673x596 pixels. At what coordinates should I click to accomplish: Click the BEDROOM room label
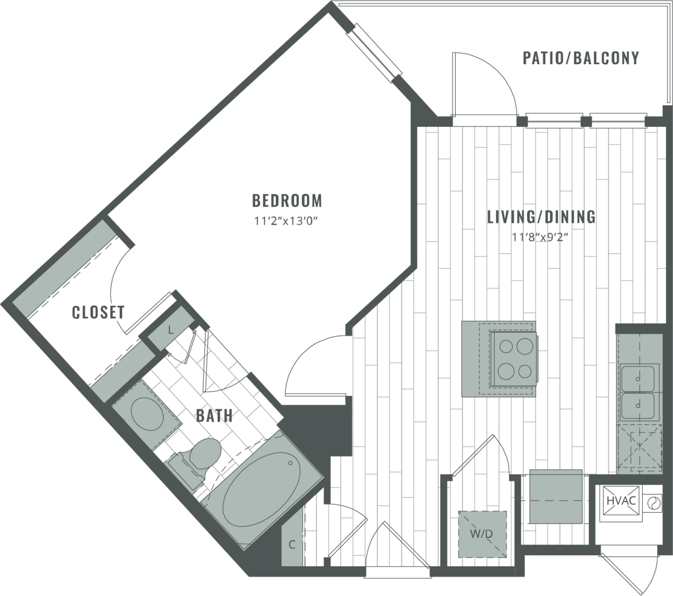coord(287,201)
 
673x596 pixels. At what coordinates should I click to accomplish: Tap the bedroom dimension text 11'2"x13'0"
coord(286,222)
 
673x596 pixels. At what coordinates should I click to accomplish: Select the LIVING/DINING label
coord(541,217)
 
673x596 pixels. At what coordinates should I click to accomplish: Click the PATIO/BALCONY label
coord(581,58)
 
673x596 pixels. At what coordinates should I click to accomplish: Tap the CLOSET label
coord(99,312)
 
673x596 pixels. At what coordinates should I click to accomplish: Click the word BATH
coord(214,415)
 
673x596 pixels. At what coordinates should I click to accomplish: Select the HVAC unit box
coord(621,501)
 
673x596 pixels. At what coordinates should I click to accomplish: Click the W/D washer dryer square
coord(482,533)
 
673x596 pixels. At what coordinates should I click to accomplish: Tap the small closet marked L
coord(171,330)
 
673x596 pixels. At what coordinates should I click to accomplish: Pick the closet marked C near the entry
coord(292,544)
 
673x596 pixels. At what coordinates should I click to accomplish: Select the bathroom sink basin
coord(146,415)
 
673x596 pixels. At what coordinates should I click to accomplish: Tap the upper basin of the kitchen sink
coord(638,378)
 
